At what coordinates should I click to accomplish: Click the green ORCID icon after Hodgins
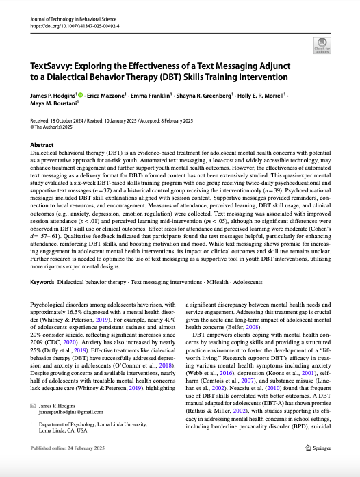coord(80,96)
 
